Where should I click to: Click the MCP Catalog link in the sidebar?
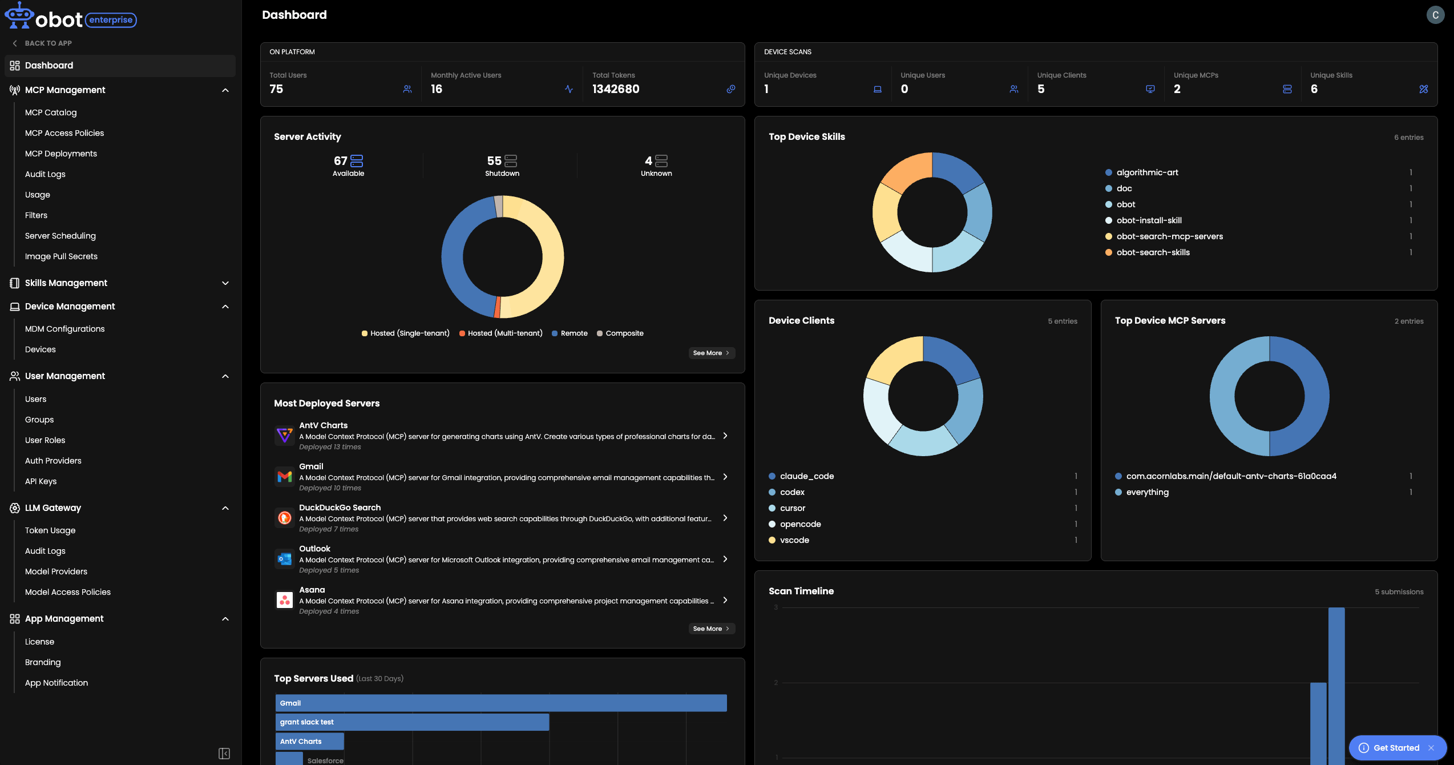[x=51, y=112]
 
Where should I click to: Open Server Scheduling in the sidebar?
[x=60, y=236]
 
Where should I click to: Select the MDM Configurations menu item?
[x=65, y=329]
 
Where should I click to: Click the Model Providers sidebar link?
[x=56, y=571]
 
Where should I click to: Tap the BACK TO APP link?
[x=42, y=43]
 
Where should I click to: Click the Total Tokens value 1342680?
[x=616, y=89]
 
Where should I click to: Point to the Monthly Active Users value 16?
[x=437, y=89]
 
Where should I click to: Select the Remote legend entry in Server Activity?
[x=570, y=333]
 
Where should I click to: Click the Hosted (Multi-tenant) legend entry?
[x=500, y=333]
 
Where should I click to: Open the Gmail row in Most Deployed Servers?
[x=502, y=477]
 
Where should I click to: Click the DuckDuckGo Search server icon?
[x=285, y=518]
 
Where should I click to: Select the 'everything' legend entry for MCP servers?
[x=1142, y=492]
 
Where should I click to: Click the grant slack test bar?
[x=412, y=722]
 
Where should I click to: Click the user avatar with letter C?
[x=1436, y=15]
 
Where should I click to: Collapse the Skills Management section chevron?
[x=225, y=283]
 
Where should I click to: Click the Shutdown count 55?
[x=494, y=161]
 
